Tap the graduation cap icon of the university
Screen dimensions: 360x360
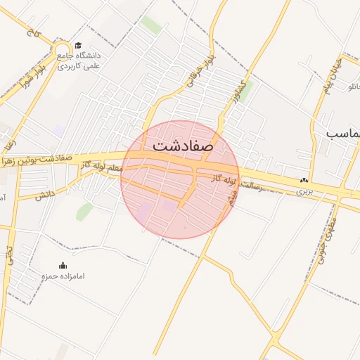[77, 45]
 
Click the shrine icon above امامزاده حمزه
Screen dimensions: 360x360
[63, 266]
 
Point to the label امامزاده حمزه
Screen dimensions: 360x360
[63, 276]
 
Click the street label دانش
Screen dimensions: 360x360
[45, 194]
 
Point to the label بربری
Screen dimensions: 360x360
[304, 191]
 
